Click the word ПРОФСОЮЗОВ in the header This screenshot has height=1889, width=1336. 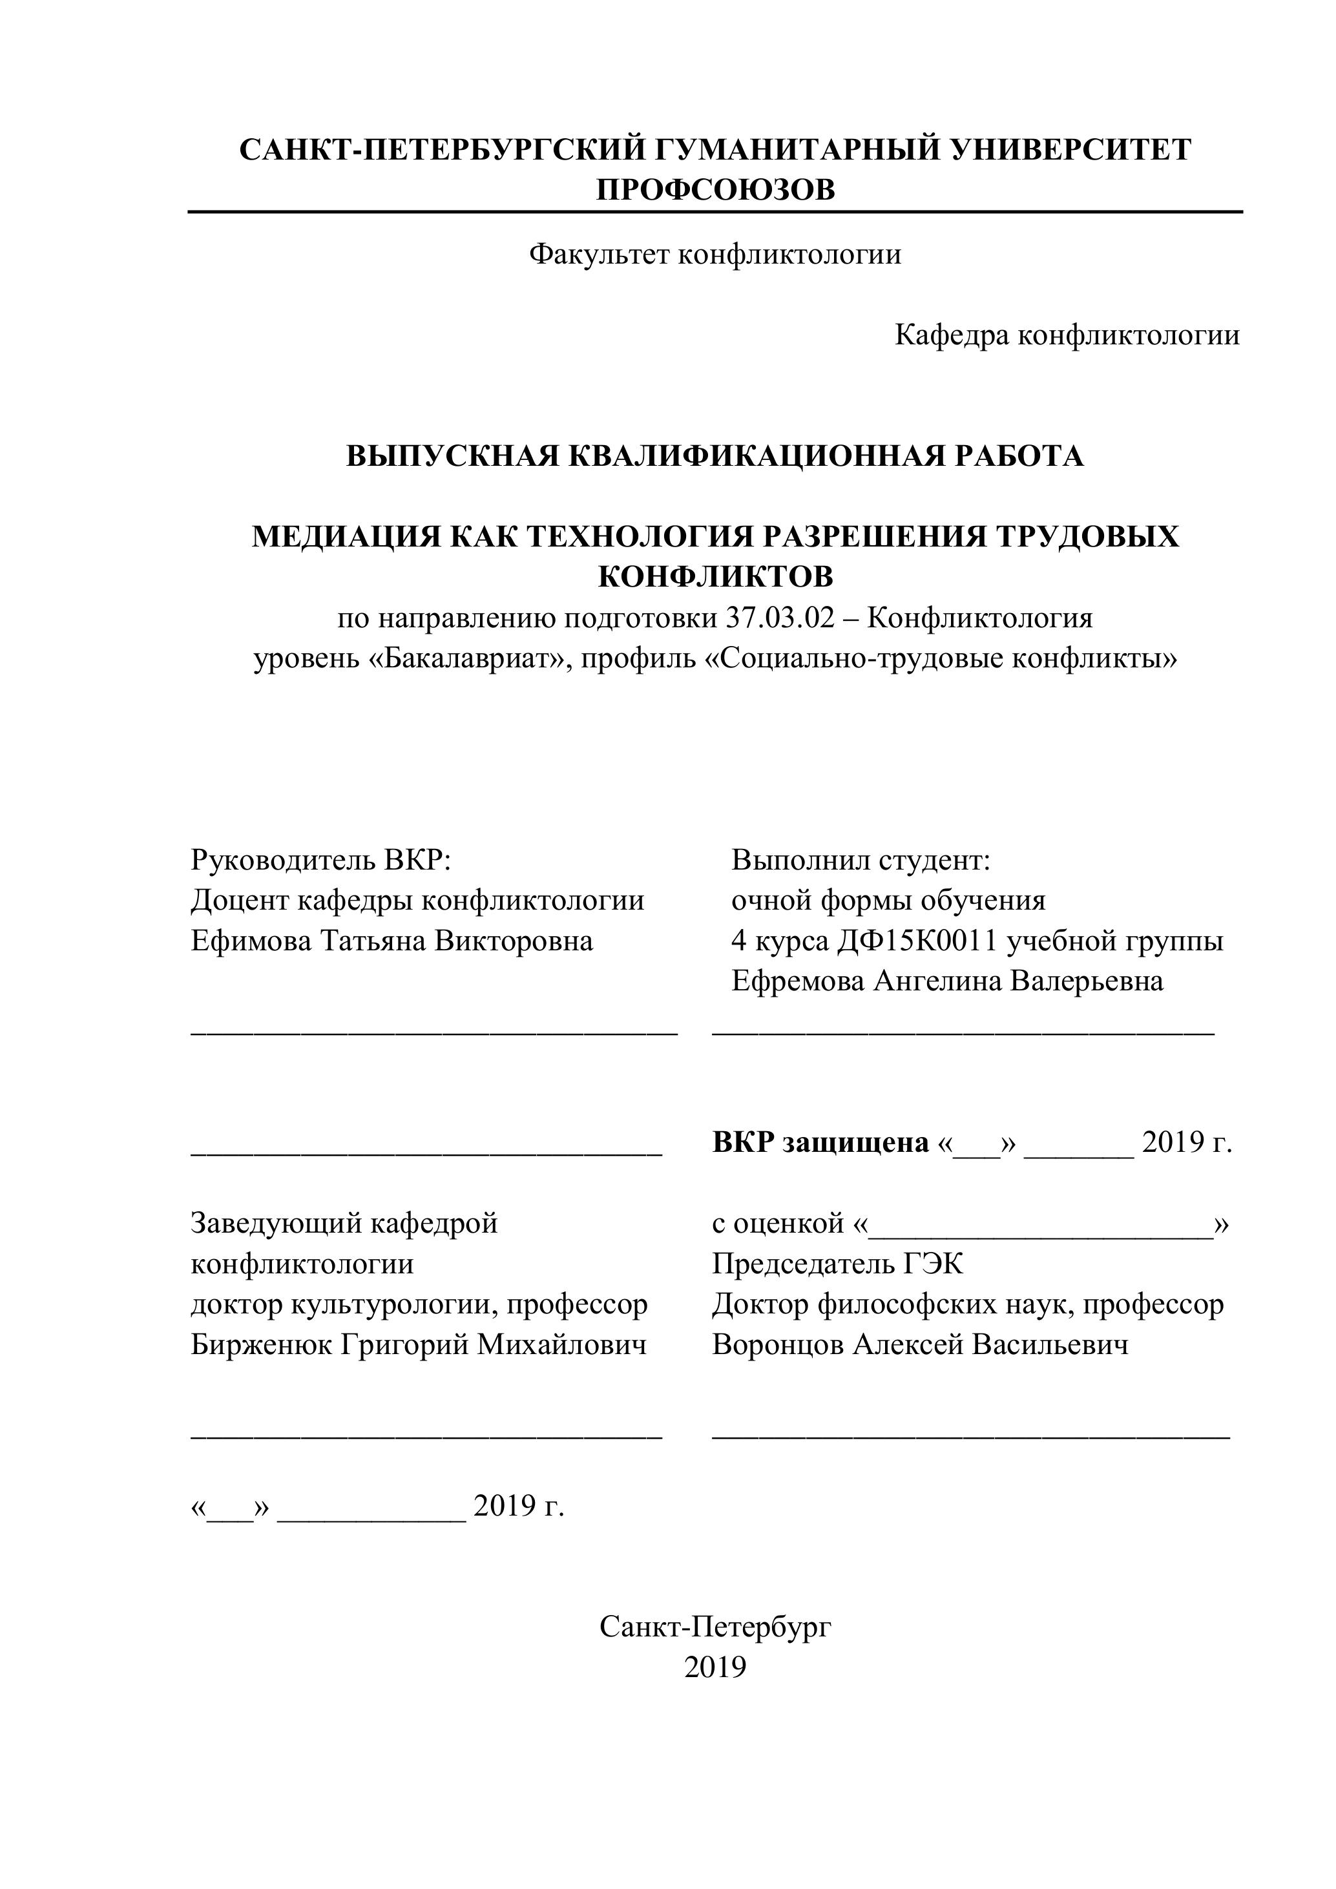[x=715, y=190]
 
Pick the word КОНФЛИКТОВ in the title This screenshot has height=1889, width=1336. [x=715, y=578]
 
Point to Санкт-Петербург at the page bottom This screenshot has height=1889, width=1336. [x=715, y=1627]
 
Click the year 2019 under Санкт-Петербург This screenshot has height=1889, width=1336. [x=715, y=1667]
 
